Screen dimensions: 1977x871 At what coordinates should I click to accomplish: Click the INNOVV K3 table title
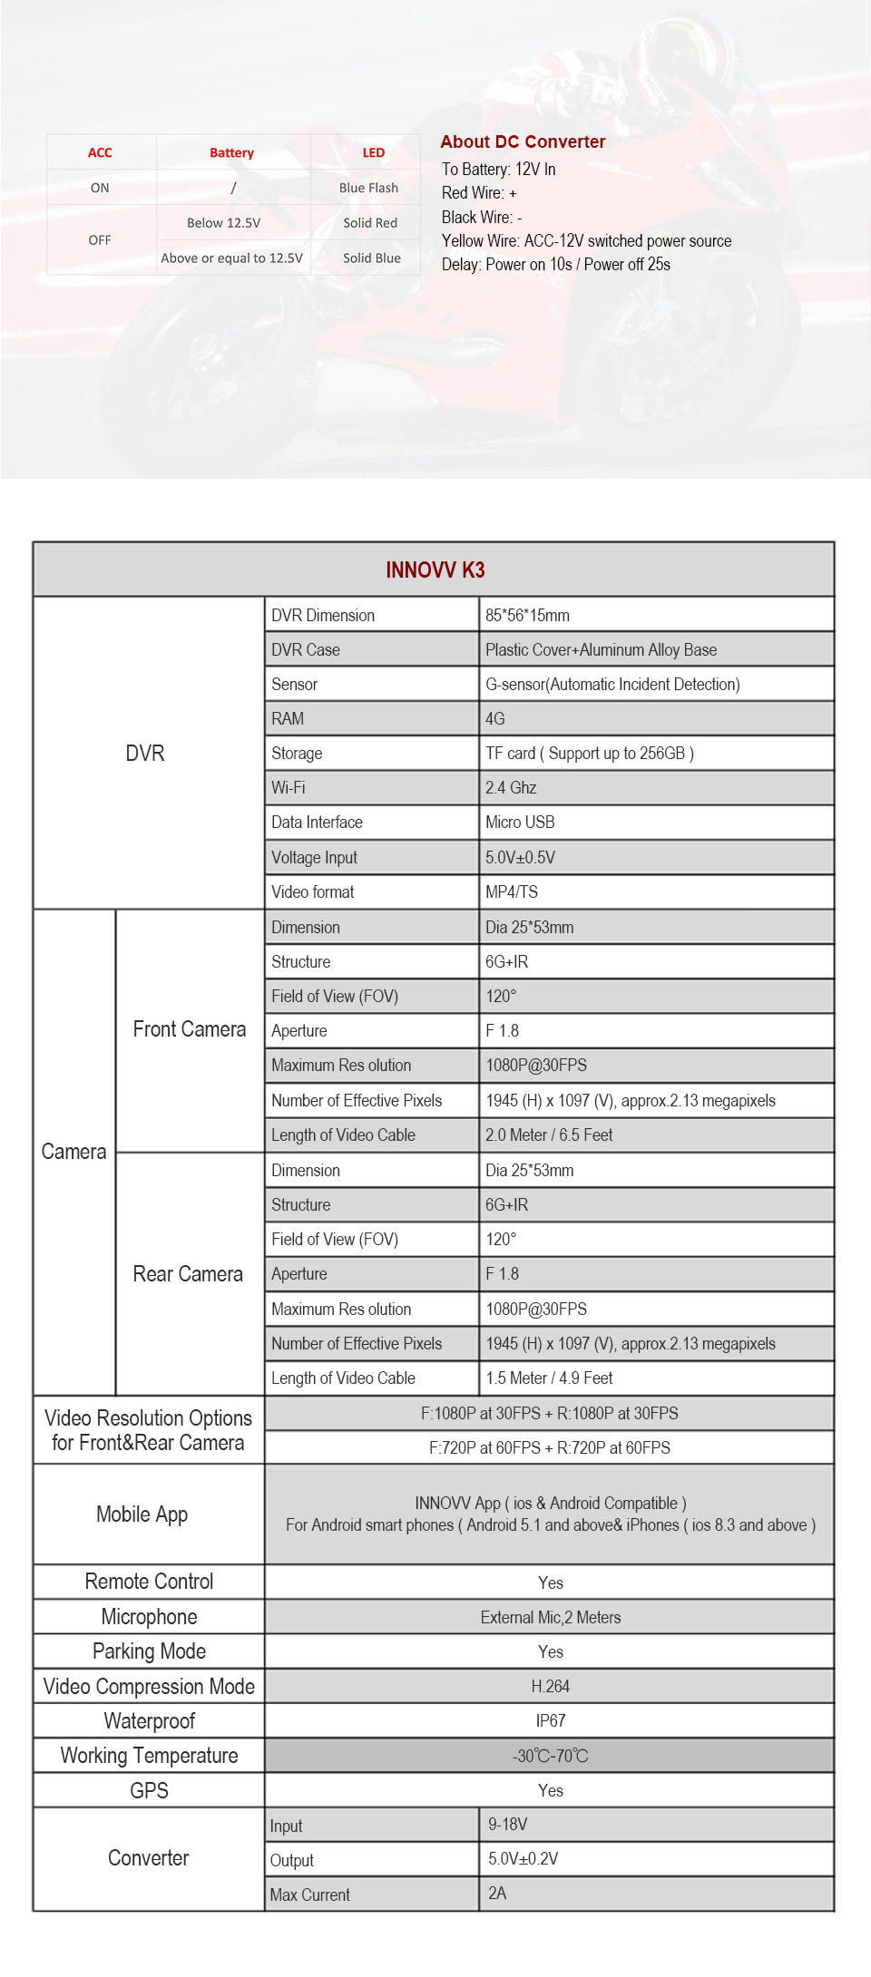point(435,570)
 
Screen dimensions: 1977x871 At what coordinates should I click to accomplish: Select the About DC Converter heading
point(523,141)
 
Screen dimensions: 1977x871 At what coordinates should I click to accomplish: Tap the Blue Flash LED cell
point(368,188)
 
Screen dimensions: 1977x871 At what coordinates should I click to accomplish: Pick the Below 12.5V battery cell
point(223,223)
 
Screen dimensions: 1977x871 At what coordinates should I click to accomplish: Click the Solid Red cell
point(370,223)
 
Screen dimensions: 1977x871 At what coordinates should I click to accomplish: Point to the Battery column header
point(231,153)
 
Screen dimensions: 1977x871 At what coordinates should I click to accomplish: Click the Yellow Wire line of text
point(586,240)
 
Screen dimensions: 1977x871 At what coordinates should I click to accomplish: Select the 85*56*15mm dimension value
point(527,615)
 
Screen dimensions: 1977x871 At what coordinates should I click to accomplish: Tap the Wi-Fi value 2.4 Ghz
point(511,787)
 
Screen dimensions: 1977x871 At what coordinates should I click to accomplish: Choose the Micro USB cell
point(520,822)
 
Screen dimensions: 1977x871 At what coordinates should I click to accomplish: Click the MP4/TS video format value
point(512,891)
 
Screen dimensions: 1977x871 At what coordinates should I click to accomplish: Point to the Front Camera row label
point(189,1029)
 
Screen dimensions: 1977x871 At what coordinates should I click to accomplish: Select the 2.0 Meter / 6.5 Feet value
point(549,1135)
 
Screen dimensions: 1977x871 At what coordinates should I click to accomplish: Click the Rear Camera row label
point(188,1274)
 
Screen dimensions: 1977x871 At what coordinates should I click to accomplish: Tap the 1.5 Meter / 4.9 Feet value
point(549,1378)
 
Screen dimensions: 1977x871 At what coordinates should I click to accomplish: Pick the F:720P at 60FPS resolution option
point(549,1447)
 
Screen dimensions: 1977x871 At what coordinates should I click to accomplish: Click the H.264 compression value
point(550,1686)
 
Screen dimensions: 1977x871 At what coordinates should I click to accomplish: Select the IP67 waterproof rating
point(550,1720)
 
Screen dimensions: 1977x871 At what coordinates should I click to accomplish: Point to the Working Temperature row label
point(149,1756)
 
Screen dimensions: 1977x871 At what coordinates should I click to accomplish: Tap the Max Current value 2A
point(497,1894)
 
